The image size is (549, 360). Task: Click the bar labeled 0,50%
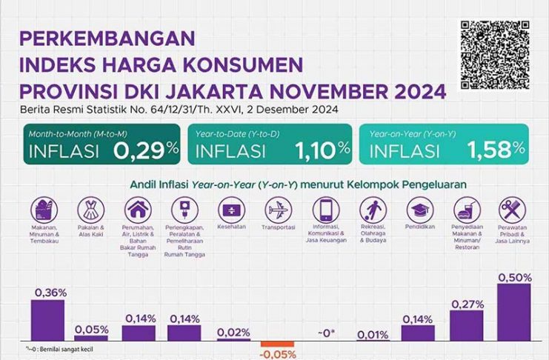[x=514, y=312]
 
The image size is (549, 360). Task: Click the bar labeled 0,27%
[x=467, y=325]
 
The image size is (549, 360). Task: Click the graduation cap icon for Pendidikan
[x=419, y=207]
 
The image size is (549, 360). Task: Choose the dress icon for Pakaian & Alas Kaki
[x=90, y=207]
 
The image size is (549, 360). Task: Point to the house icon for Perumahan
[x=137, y=207]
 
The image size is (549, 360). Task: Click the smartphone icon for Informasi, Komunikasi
[x=325, y=207]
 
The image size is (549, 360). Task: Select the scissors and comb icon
[x=513, y=207]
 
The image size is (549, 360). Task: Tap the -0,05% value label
[x=279, y=355]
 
